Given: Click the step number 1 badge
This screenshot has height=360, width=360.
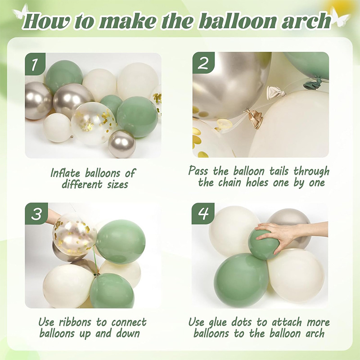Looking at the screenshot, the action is point(35,64).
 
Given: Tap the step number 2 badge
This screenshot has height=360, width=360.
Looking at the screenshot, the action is point(203,63).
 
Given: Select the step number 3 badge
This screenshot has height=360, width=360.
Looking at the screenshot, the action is point(36,214).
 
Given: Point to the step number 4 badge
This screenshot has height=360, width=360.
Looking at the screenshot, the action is point(203,213).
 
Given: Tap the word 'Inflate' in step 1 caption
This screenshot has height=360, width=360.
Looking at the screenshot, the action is point(65,173).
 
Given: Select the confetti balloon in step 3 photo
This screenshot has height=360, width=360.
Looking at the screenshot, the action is point(74,234).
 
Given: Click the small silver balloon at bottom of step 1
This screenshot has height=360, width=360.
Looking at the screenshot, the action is point(122,144).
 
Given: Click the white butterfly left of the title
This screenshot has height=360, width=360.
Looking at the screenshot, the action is point(20,12).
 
